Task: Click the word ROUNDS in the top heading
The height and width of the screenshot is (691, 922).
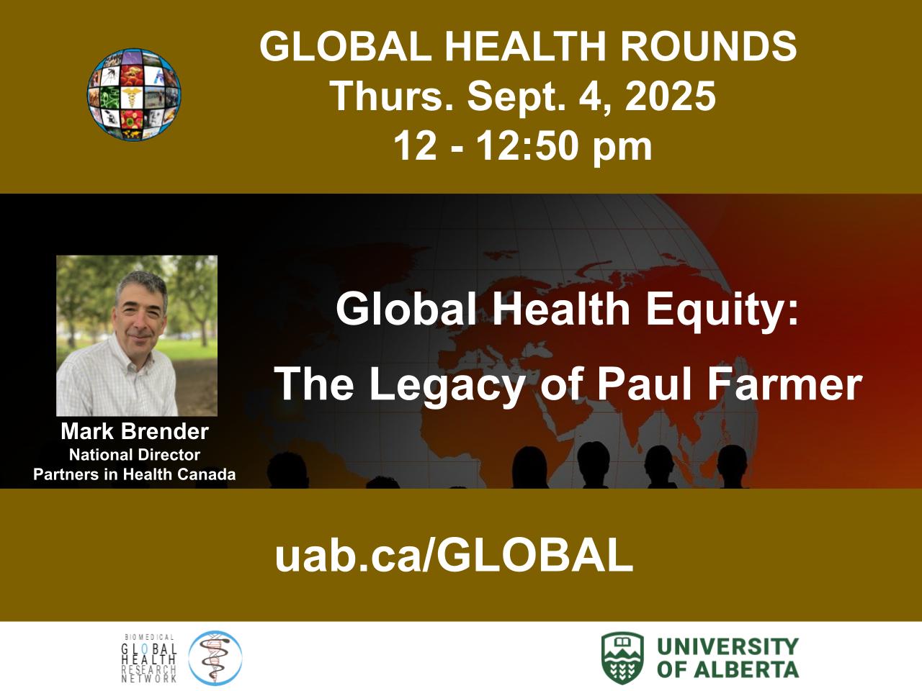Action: coord(708,46)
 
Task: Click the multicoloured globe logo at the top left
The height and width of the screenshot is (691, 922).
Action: coord(133,94)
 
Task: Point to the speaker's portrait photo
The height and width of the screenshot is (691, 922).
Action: coord(137,335)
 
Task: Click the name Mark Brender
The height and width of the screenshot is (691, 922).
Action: coord(135,432)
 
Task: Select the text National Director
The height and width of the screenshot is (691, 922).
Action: coord(135,455)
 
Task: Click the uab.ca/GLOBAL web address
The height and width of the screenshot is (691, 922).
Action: coord(454,555)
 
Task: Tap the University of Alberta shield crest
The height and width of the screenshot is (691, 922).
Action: coord(622,658)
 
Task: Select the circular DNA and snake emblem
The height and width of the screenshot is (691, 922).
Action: coord(215,658)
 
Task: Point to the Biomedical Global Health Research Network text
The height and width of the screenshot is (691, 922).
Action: coord(149,658)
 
